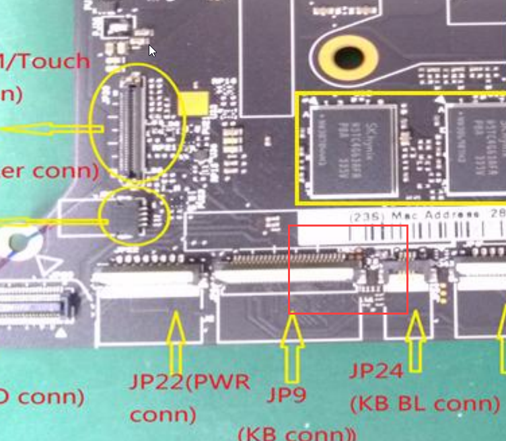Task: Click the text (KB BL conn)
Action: tap(425, 403)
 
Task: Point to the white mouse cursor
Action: tap(152, 51)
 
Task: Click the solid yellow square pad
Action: tap(194, 103)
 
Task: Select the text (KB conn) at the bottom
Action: tap(297, 431)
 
